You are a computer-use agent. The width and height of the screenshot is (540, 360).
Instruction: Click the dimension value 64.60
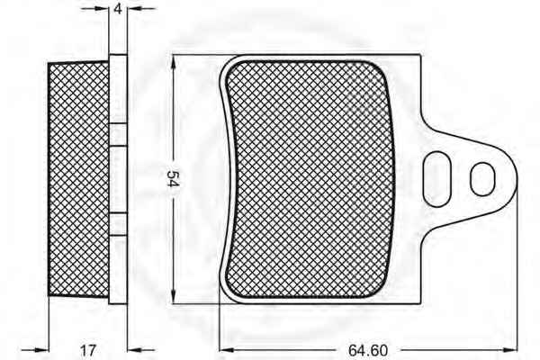(368, 350)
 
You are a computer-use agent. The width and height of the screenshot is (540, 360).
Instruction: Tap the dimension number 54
(173, 178)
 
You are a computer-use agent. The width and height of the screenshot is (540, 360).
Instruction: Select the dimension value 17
(88, 350)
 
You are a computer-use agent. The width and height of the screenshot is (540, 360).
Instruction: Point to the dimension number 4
(118, 9)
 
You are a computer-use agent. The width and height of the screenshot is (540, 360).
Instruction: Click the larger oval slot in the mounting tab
(437, 179)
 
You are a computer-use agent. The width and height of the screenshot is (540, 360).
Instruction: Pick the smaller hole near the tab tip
(482, 179)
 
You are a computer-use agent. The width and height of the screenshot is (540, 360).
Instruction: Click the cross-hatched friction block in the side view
(78, 179)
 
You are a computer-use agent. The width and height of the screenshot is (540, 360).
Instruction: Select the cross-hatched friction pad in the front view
(309, 179)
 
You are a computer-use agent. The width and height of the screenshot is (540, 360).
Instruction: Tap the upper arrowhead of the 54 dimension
(173, 61)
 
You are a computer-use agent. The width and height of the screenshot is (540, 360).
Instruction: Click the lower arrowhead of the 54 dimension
(173, 297)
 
